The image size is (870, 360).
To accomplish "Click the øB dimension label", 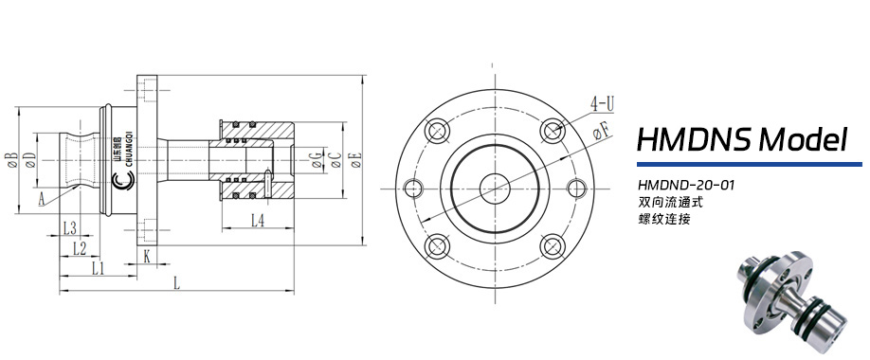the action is tap(11, 160).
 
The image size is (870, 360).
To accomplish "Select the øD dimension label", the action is tap(30, 160).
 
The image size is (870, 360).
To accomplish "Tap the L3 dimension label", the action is tap(69, 227).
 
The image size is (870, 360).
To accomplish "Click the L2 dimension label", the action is tap(80, 248).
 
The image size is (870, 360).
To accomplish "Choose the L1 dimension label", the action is tap(99, 269).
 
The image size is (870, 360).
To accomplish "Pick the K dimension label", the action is tap(147, 257).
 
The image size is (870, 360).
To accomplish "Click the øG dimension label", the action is tap(317, 160).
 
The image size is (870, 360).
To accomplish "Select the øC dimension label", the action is tap(335, 160).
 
